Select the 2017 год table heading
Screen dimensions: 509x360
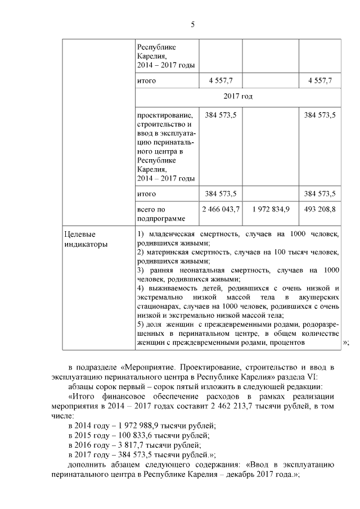[x=238, y=97]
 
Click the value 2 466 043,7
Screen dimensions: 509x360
[x=221, y=209]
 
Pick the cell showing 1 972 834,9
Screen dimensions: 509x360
[x=271, y=209]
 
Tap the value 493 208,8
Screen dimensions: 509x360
[x=319, y=209]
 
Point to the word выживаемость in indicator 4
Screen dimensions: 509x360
[x=172, y=288]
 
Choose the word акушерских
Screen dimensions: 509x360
[x=318, y=297]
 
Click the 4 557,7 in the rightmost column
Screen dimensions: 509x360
[x=319, y=82]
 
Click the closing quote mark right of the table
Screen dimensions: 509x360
[x=345, y=343]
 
